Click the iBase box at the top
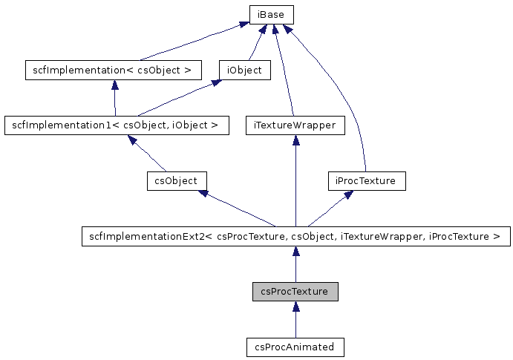pyautogui.click(x=271, y=14)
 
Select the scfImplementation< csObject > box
pyautogui.click(x=114, y=71)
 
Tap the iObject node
pyautogui.click(x=245, y=71)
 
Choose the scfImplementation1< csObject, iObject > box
pyautogui.click(x=116, y=125)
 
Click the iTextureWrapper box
pyautogui.click(x=295, y=125)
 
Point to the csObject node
pyautogui.click(x=177, y=180)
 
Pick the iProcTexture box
pyautogui.click(x=367, y=180)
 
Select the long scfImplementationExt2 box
pyautogui.click(x=295, y=237)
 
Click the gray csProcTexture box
pyautogui.click(x=295, y=292)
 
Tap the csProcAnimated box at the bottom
pyautogui.click(x=295, y=347)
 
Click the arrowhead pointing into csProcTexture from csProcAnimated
pyautogui.click(x=295, y=307)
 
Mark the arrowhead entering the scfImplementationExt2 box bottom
pyautogui.click(x=295, y=252)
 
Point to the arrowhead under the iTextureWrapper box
pyautogui.click(x=295, y=141)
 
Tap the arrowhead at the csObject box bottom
pyautogui.click(x=203, y=194)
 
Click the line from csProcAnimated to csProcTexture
pyautogui.click(x=295, y=325)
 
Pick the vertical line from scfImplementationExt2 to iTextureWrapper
pyautogui.click(x=295, y=186)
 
